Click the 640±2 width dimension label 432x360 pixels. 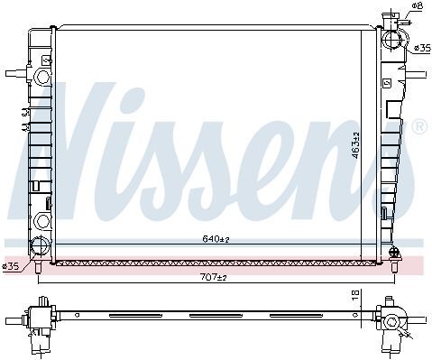point(216,239)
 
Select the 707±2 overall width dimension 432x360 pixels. point(213,277)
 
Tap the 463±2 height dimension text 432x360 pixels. point(355,145)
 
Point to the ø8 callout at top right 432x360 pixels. point(418,5)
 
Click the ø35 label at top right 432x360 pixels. point(423,48)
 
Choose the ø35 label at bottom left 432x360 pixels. point(11,266)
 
